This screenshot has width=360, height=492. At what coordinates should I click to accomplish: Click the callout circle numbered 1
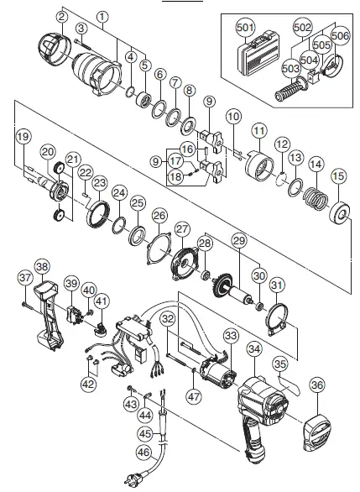tap(102, 16)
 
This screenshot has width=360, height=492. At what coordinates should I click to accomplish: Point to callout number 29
tap(241, 242)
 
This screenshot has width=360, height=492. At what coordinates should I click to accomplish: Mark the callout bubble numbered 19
tap(23, 137)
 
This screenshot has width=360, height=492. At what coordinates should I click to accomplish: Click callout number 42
tap(88, 384)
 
